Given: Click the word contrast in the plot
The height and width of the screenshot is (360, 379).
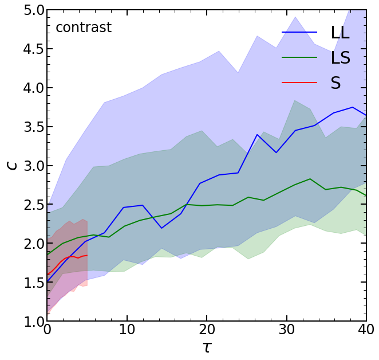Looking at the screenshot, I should coord(84,28).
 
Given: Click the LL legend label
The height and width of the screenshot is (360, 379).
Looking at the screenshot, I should coord(340,33).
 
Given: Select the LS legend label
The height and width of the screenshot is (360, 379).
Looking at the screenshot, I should coord(340,57).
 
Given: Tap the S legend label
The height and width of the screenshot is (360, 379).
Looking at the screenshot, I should coord(335,83).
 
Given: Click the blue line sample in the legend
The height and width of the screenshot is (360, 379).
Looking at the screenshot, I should coord(299,33).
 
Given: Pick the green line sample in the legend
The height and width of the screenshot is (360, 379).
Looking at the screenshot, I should coord(299,57).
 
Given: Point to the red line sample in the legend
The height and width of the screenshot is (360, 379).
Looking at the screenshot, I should coord(299,83).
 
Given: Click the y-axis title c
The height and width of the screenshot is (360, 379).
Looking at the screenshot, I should coord(11,166).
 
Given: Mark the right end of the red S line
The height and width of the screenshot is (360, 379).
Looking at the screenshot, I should coord(87,255).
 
